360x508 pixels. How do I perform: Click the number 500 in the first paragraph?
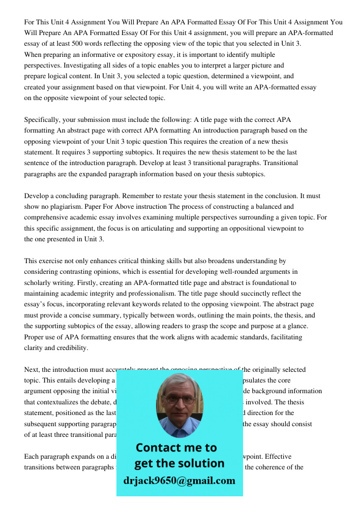79,44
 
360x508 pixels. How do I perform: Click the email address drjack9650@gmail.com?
179,481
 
